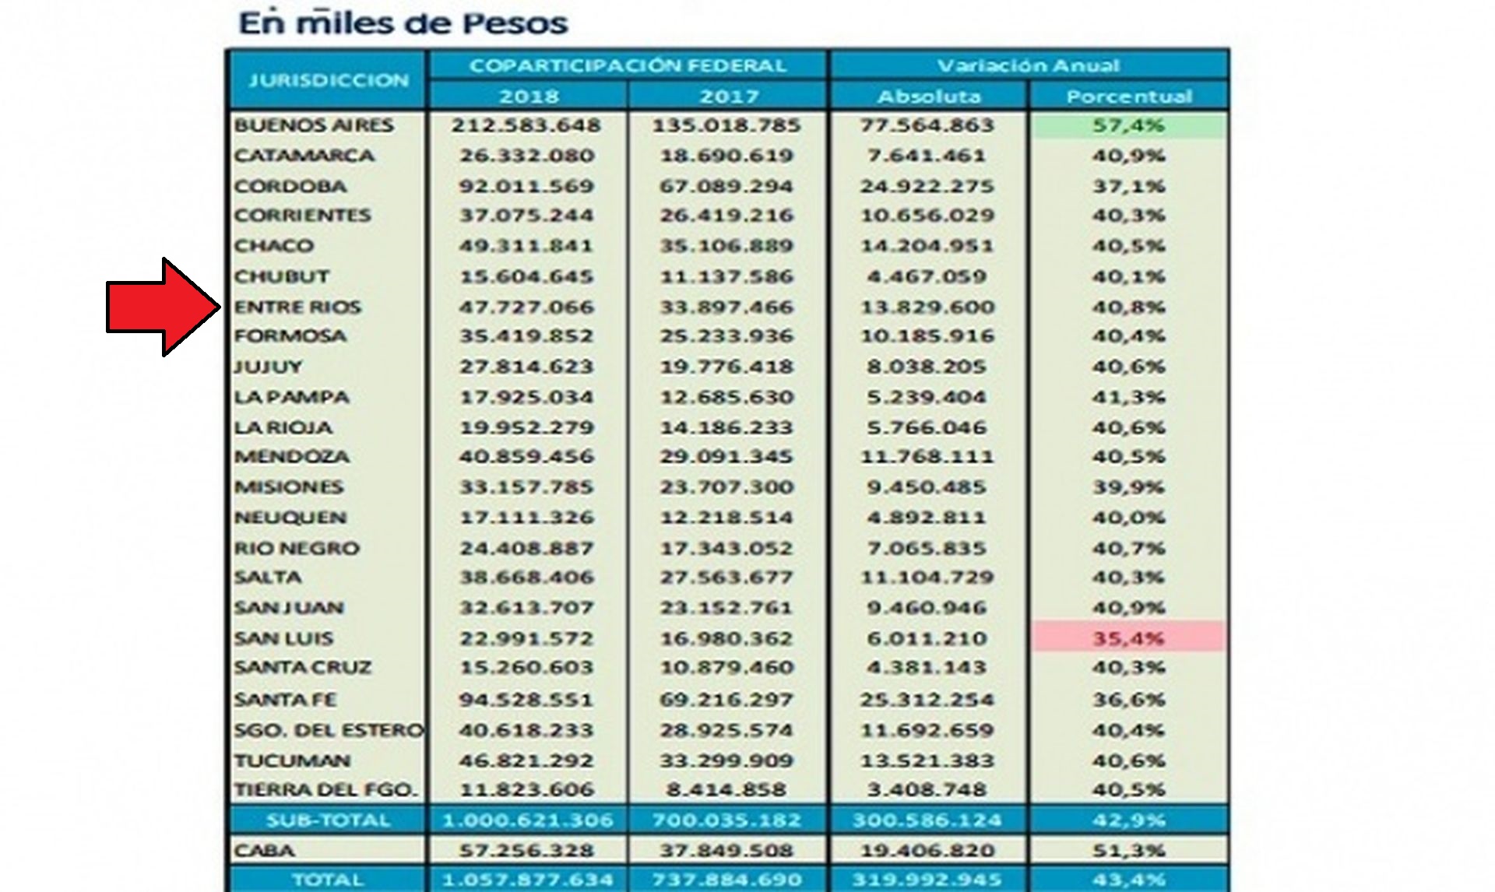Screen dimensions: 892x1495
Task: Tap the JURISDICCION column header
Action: coord(328,80)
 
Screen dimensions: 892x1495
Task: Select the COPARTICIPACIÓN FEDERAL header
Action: coord(628,65)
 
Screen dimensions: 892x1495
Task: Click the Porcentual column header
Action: coord(1128,97)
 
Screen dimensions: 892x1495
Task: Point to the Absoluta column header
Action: coord(928,97)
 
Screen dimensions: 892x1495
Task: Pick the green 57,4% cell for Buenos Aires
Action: coord(1128,125)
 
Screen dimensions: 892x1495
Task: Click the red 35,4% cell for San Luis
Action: coord(1128,638)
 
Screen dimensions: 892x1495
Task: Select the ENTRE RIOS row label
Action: coord(297,307)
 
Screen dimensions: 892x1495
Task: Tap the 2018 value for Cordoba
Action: coord(526,186)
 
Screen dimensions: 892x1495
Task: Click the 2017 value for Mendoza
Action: coord(726,456)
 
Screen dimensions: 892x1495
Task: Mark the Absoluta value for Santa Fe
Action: coord(927,700)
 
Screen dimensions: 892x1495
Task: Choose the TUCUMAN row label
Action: coord(292,760)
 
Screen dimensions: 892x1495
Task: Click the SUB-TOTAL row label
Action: coord(328,820)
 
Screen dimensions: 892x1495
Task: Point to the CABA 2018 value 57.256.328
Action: coord(526,850)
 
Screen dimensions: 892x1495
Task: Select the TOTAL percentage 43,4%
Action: coord(1128,880)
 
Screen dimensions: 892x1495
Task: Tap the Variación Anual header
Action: coord(1028,65)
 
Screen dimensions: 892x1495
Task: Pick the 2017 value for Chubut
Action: coord(726,276)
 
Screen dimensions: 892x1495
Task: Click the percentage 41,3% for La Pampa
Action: coord(1128,397)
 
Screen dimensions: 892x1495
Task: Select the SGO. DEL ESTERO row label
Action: coord(329,730)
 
